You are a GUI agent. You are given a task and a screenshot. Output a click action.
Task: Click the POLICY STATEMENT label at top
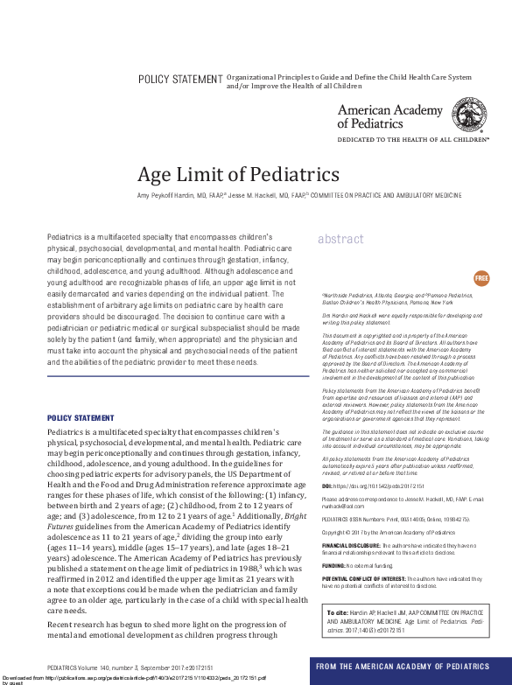click(x=181, y=80)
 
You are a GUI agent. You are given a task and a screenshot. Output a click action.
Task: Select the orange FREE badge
click(x=481, y=278)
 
